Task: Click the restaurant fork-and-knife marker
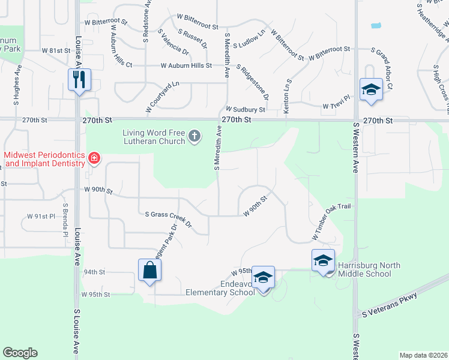click(79, 79)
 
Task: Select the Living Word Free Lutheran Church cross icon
click(194, 136)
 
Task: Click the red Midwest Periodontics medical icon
click(94, 159)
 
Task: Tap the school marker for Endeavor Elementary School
click(263, 277)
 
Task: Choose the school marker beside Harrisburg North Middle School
click(323, 260)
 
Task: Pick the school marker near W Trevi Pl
click(370, 90)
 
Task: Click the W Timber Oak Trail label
click(330, 221)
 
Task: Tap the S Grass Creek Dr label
click(168, 218)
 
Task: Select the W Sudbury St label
click(245, 110)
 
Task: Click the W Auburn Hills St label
click(185, 65)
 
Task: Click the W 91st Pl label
click(41, 215)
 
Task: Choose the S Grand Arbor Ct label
click(381, 69)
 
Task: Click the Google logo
click(20, 353)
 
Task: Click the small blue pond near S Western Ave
click(376, 26)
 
